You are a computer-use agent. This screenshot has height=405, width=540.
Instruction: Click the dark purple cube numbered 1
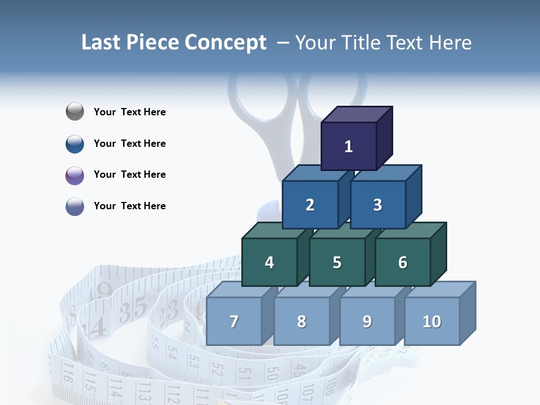pos(349,146)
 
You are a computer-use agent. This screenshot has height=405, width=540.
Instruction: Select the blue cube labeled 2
pos(310,205)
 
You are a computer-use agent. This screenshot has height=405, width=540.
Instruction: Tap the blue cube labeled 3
pos(377,205)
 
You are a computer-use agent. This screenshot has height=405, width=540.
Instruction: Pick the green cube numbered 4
pos(269,262)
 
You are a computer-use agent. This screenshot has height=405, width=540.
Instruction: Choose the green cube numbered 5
pos(336,262)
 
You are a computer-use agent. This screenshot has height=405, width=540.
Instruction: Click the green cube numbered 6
pos(402,262)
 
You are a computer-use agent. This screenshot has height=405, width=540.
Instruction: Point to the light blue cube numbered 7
pos(234,321)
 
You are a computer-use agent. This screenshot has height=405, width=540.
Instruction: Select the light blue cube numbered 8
pos(301,321)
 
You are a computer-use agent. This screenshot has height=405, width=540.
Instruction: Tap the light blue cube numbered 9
pos(367,321)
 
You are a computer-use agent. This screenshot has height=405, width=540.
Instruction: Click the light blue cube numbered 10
pos(431,321)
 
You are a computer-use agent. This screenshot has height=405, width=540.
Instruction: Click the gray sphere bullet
pos(75,112)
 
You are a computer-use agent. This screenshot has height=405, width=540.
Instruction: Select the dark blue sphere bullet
pos(75,143)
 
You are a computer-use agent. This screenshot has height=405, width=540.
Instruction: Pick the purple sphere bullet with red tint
pos(75,175)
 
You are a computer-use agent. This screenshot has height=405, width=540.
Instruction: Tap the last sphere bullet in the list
pos(75,206)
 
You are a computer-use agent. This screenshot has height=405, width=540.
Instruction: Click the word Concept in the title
pos(225,43)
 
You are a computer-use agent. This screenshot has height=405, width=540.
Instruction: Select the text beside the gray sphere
pos(129,112)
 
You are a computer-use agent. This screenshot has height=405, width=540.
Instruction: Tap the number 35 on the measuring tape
pos(133,309)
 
